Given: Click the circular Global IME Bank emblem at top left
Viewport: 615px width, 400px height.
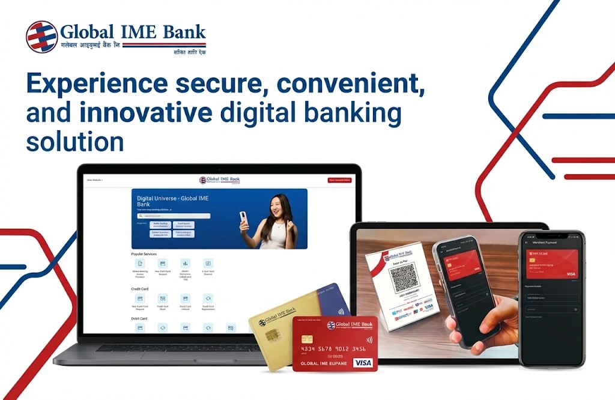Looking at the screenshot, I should click(41, 37).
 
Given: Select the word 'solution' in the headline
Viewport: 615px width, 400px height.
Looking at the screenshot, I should click(75, 142).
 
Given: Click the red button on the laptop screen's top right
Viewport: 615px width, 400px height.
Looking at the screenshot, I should click(339, 180).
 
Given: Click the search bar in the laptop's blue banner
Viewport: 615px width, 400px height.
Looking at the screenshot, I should click(174, 216).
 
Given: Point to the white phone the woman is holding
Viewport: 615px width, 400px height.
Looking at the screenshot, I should click(243, 219).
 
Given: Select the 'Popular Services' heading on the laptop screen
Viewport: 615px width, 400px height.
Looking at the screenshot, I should click(144, 254).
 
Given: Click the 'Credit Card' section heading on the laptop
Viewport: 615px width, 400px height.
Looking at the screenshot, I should click(139, 289).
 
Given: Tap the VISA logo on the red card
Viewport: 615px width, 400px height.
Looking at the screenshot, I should click(363, 363).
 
